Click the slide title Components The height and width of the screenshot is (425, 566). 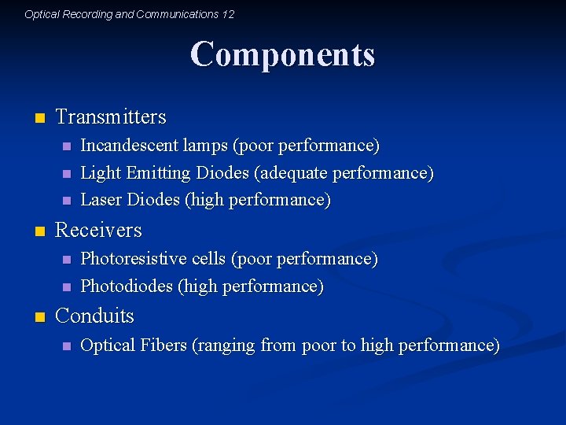click(282, 55)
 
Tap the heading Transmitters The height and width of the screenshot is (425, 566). click(111, 117)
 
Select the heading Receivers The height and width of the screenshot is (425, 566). click(99, 231)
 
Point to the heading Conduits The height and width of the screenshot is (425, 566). click(95, 316)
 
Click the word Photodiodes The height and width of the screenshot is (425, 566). click(127, 286)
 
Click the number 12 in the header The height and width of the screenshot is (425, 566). click(228, 14)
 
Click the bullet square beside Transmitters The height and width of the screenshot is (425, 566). click(39, 119)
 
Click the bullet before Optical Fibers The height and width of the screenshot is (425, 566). click(66, 346)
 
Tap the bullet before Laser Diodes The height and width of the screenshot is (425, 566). click(66, 201)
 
